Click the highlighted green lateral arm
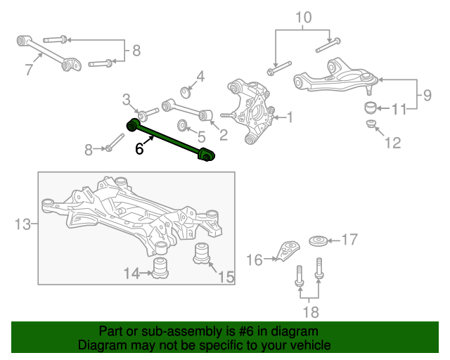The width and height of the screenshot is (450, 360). click(170, 139)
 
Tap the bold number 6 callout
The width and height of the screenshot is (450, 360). click(139, 149)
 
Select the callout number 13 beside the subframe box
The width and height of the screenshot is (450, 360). click(22, 224)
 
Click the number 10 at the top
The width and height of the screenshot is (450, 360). click(303, 18)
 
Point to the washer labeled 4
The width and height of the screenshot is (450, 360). click(186, 92)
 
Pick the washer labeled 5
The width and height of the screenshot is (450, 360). click(182, 125)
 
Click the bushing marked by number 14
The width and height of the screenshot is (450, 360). click(160, 268)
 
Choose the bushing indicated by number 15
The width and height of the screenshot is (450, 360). click(202, 253)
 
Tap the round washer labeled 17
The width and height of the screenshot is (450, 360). click(319, 241)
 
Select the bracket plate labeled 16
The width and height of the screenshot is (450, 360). click(288, 251)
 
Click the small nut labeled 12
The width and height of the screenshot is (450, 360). click(371, 124)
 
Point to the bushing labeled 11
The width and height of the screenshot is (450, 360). click(371, 108)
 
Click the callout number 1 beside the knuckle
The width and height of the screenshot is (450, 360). click(290, 117)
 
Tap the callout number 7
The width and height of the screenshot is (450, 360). click(29, 70)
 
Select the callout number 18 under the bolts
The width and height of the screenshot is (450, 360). click(311, 312)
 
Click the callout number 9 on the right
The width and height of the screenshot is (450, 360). click(427, 95)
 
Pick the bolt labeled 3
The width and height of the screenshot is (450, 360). click(148, 113)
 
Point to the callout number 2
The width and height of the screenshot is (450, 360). click(224, 135)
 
